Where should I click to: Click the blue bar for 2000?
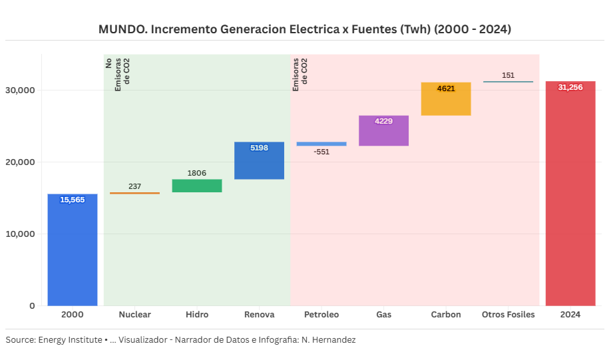pos(73,250)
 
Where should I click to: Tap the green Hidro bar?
pos(197,186)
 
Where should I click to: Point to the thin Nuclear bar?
pos(134,193)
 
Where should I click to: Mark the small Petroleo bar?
pos(321,144)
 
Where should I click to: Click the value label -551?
pos(321,152)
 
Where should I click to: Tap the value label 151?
pos(508,75)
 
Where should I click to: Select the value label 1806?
pos(197,173)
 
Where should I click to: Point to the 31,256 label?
pos(570,87)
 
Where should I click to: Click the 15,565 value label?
pos(73,200)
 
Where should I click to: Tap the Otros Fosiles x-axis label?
pos(508,315)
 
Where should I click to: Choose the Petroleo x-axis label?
pos(321,315)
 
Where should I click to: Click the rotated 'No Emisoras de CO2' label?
pos(118,73)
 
